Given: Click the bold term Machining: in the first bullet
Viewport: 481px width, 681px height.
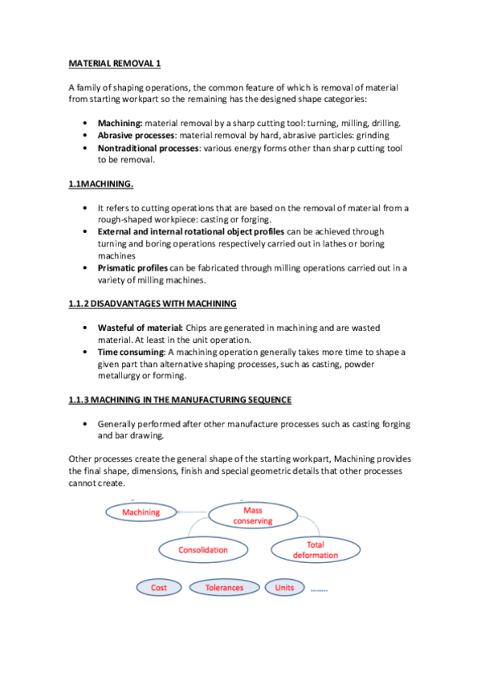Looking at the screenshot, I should pos(120,124).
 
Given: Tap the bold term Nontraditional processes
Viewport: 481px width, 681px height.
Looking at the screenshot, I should pos(149,149).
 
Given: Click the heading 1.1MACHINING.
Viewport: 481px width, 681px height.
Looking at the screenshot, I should pos(100,185).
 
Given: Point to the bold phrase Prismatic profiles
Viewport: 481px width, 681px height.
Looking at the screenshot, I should pos(132,268).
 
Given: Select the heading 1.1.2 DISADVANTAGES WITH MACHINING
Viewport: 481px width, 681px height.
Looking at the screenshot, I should pos(151,304).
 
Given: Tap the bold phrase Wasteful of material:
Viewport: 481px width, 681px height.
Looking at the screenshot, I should pos(141,328).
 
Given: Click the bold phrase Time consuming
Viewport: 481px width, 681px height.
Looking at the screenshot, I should pos(131,353).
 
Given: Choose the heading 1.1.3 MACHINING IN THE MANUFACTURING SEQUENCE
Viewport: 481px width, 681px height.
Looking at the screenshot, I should pos(178,399).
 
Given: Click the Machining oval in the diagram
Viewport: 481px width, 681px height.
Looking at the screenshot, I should pos(141,512).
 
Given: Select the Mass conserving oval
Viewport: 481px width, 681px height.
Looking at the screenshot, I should pos(253,516).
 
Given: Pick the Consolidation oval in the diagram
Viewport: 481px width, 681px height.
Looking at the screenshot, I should pos(203,550).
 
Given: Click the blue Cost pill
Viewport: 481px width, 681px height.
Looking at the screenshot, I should pos(159,588).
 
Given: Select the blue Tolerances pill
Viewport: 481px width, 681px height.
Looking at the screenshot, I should pos(224,588).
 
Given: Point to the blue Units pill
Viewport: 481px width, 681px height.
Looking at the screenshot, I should pos(284,588).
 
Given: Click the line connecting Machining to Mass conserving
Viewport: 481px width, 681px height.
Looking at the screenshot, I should pos(194,511).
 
